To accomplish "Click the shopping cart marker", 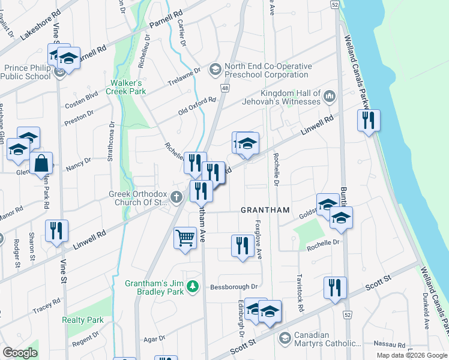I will tap(185, 238).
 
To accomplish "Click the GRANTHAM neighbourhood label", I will tap(265, 210).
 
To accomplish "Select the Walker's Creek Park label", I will tap(126, 87).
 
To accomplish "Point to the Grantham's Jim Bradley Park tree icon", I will tap(193, 287).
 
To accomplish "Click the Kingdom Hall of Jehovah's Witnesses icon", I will tap(329, 96).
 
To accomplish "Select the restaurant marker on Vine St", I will tap(56, 230).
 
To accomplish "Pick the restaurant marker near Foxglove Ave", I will tap(242, 245).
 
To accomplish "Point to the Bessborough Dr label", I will tap(234, 287).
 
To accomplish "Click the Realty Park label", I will tap(83, 320).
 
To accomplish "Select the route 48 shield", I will tap(224, 88).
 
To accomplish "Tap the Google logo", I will tap(20, 353).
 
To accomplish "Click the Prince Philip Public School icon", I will tap(59, 73).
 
